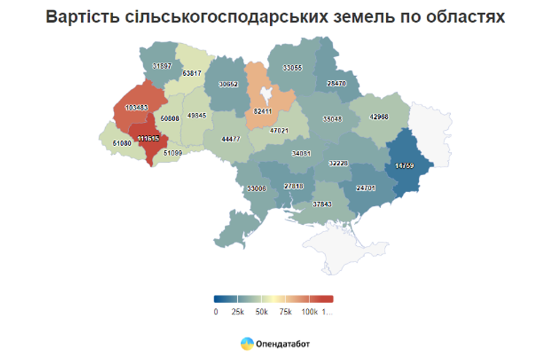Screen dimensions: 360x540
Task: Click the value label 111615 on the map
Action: pos(148,138)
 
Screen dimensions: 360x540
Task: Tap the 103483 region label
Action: pos(136,108)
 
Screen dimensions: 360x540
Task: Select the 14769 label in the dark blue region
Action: pos(405,166)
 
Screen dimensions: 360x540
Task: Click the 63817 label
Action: pos(193,73)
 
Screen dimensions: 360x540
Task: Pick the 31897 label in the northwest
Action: pos(162,66)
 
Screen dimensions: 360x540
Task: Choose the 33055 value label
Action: pos(293,67)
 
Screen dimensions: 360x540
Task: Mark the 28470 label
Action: pos(336,83)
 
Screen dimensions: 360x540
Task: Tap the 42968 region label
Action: pos(379,118)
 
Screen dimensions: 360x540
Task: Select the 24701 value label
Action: pos(366,188)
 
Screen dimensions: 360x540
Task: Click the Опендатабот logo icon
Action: pos(247,342)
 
